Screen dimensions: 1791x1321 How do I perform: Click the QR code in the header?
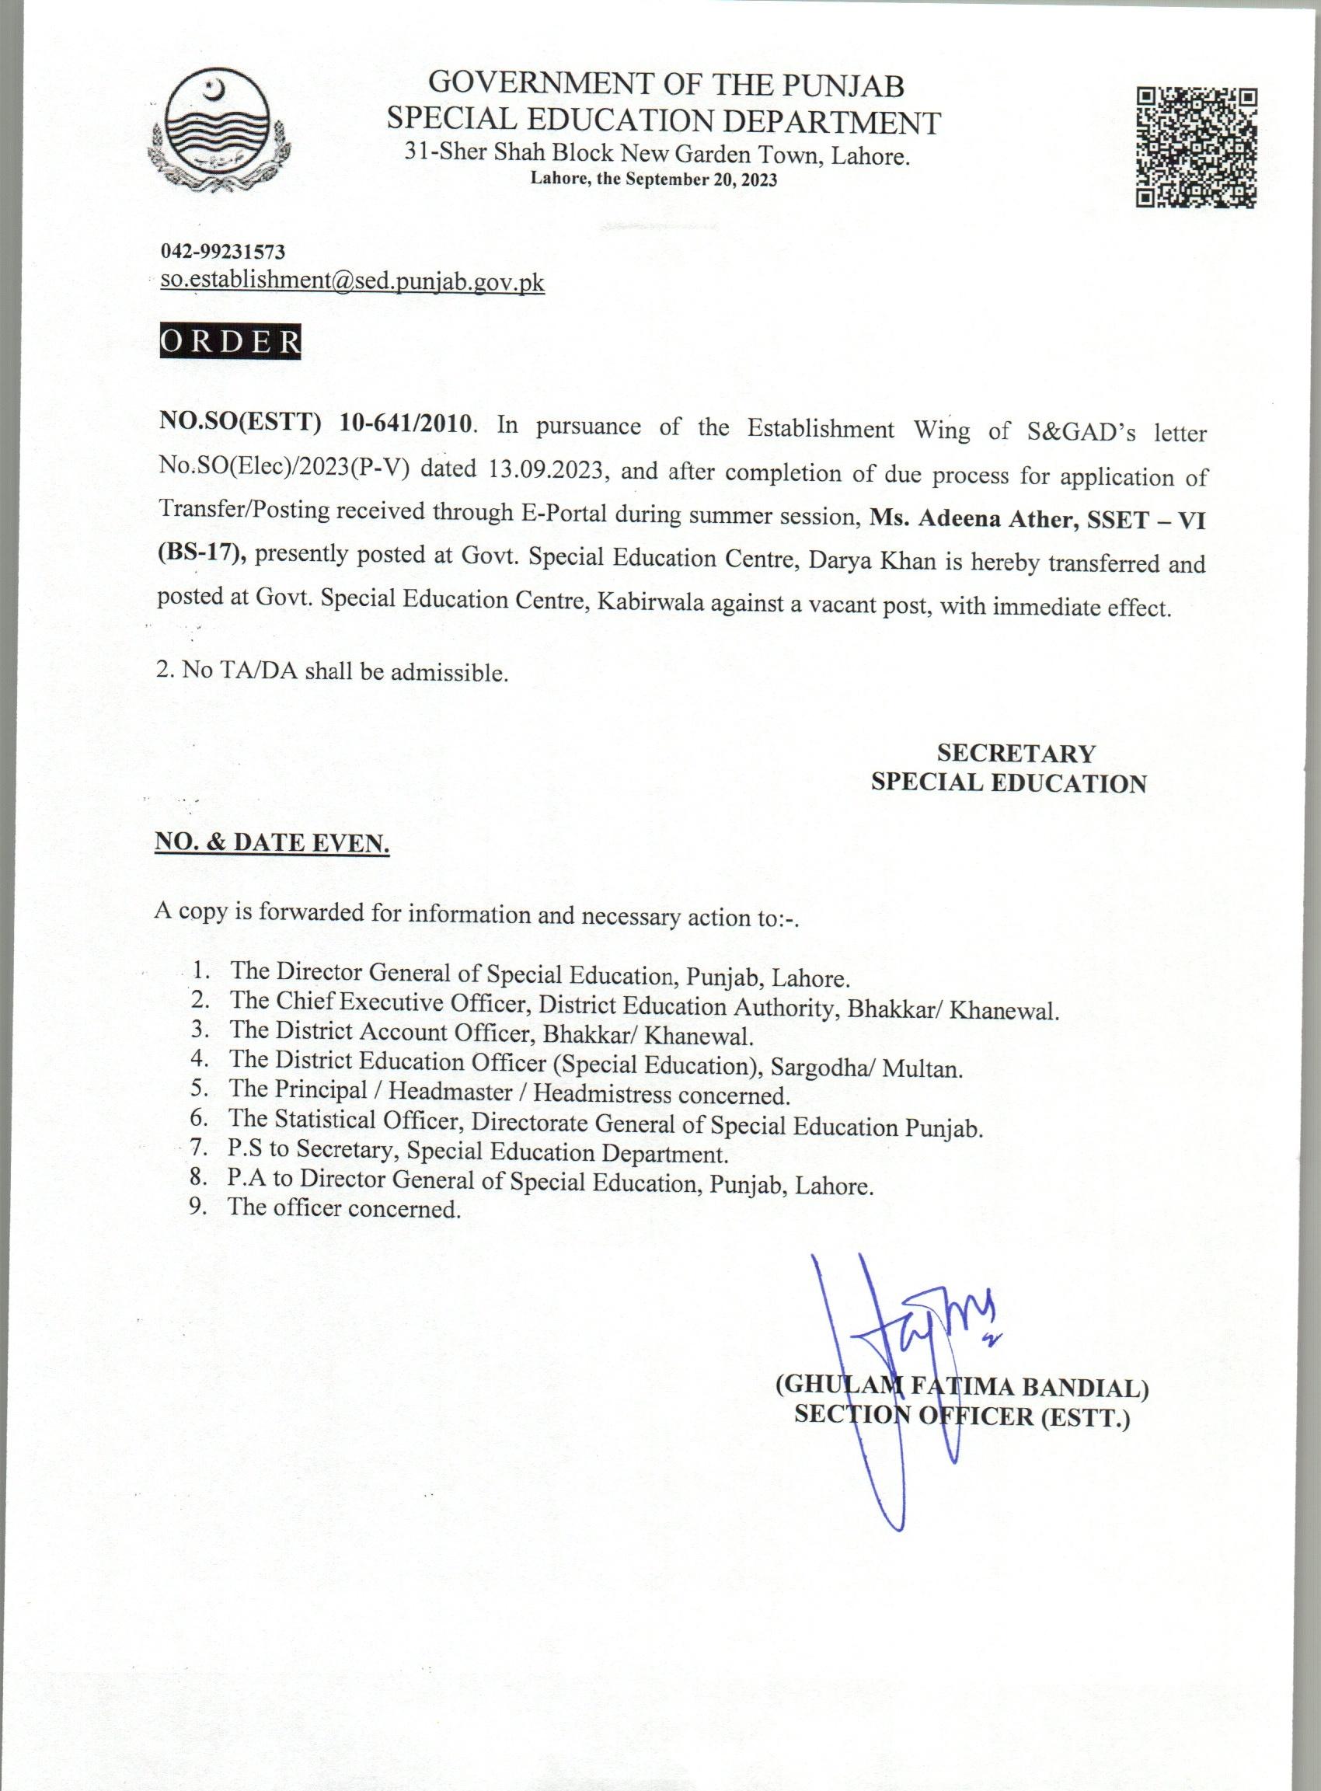point(1196,148)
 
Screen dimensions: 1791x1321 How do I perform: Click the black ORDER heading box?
point(230,341)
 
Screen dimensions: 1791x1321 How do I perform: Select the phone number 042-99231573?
point(223,252)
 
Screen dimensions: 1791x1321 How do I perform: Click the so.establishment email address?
point(353,281)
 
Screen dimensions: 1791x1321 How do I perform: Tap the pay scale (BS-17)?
point(199,552)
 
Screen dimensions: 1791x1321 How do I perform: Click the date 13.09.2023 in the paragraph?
point(545,469)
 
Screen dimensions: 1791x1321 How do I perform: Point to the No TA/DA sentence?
point(333,671)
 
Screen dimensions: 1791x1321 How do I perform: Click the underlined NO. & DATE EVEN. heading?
point(272,843)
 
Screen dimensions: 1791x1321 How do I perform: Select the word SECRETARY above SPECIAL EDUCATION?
point(1016,753)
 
